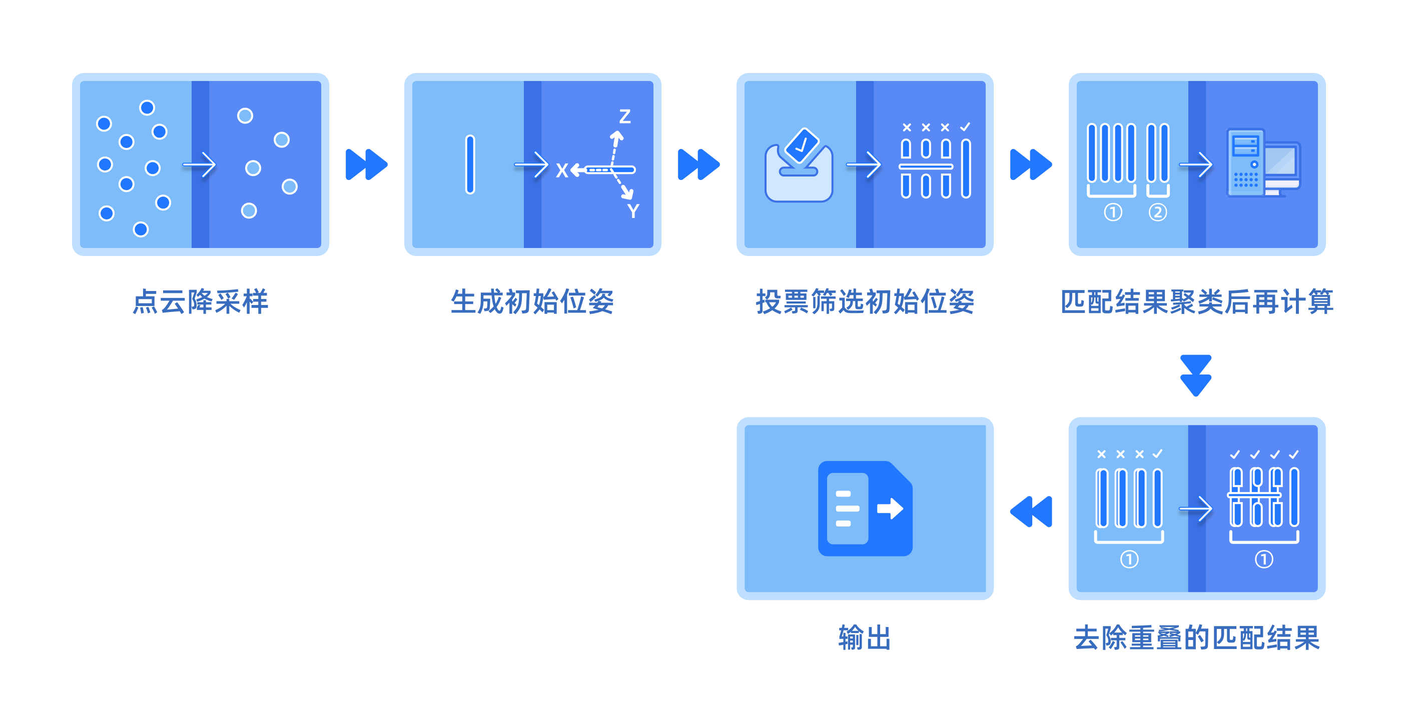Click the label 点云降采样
(x=201, y=301)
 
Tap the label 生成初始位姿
(x=532, y=301)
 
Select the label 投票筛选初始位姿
(x=865, y=301)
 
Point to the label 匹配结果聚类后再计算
(x=1196, y=301)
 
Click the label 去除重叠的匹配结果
(x=1196, y=638)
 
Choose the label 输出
(x=865, y=638)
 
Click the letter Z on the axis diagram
(x=624, y=116)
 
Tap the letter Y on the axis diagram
(x=633, y=211)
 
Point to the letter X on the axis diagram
(x=561, y=170)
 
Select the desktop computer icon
(x=1263, y=163)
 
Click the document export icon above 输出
(x=865, y=508)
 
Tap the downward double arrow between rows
(x=1195, y=375)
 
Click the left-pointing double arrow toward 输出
(x=1031, y=511)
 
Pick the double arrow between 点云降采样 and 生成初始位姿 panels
(x=366, y=164)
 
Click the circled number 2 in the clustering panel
(x=1157, y=212)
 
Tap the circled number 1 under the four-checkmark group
(x=1263, y=559)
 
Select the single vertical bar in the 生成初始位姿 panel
(x=470, y=164)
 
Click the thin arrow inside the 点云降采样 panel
(x=200, y=164)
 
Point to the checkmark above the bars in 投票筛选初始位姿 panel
(x=965, y=127)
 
